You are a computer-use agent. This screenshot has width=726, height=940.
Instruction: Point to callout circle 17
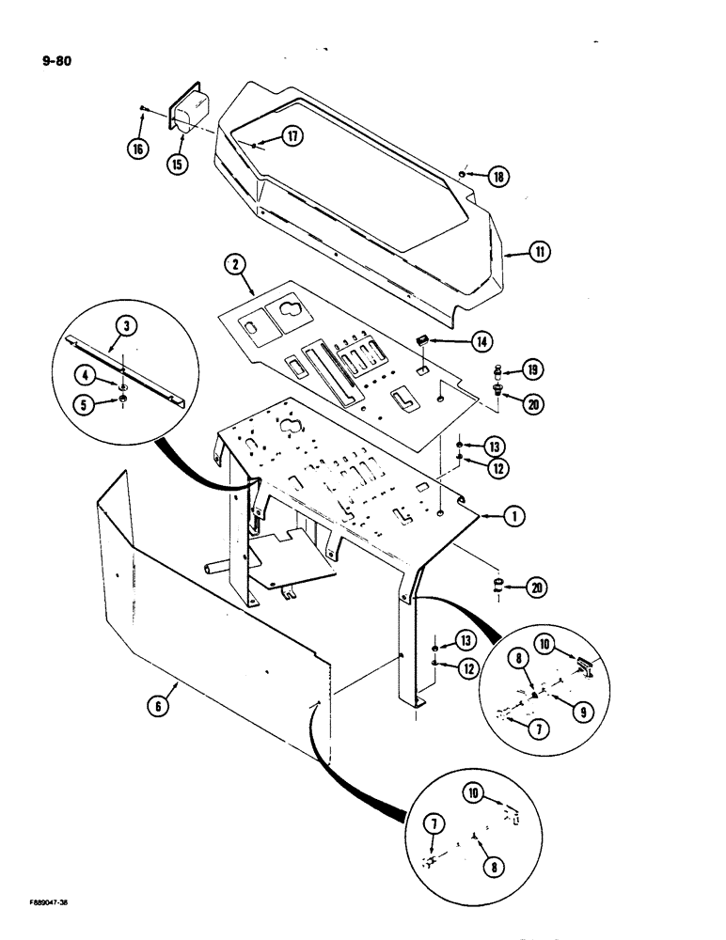click(292, 137)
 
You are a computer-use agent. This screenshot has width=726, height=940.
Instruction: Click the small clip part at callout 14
click(423, 339)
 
